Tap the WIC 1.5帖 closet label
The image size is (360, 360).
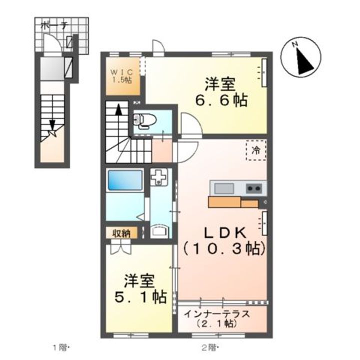click(121, 75)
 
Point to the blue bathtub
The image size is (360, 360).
click(125, 180)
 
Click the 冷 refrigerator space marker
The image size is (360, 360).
click(256, 149)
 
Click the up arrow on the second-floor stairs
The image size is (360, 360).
click(118, 111)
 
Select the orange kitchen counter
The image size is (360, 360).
click(233, 202)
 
